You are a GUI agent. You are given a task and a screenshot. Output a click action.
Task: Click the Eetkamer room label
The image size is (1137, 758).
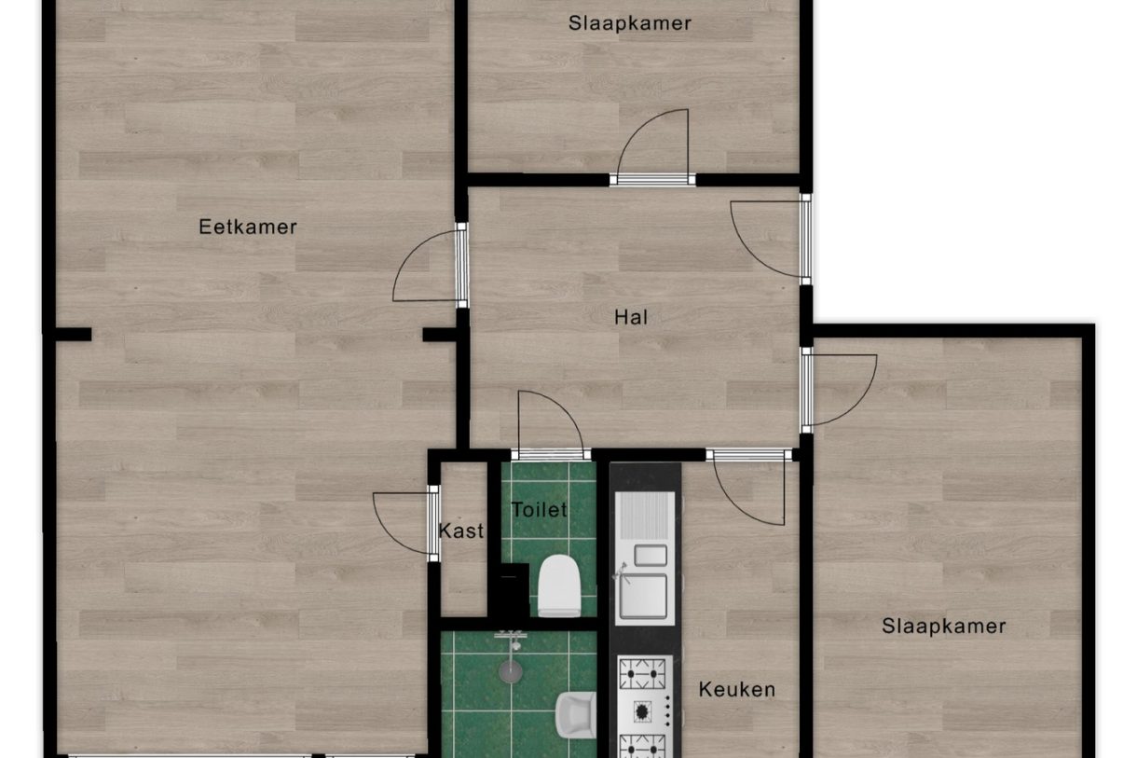click(x=248, y=227)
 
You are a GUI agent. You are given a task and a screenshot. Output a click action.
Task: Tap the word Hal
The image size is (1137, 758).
click(x=631, y=317)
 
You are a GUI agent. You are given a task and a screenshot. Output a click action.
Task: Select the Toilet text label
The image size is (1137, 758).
click(x=539, y=510)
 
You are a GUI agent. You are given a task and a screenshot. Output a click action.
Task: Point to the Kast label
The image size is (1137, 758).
click(x=461, y=531)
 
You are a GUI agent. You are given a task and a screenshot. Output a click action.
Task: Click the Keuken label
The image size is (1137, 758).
click(x=737, y=689)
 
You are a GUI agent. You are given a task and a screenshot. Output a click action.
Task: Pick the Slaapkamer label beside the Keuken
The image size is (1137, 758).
click(x=943, y=626)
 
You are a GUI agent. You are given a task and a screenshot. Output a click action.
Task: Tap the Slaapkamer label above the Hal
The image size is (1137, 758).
click(x=629, y=23)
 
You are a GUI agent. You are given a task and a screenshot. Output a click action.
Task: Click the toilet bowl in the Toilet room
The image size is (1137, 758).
click(x=559, y=586)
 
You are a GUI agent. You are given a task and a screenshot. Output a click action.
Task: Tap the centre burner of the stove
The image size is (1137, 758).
click(x=642, y=711)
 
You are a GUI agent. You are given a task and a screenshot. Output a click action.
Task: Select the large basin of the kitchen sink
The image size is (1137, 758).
click(x=643, y=597)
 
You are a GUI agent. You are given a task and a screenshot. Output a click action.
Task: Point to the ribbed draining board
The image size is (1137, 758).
click(x=645, y=516)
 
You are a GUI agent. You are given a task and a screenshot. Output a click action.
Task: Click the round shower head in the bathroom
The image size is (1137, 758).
click(x=511, y=670)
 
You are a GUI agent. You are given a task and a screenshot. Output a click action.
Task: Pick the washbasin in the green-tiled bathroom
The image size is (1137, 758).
click(x=576, y=715)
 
